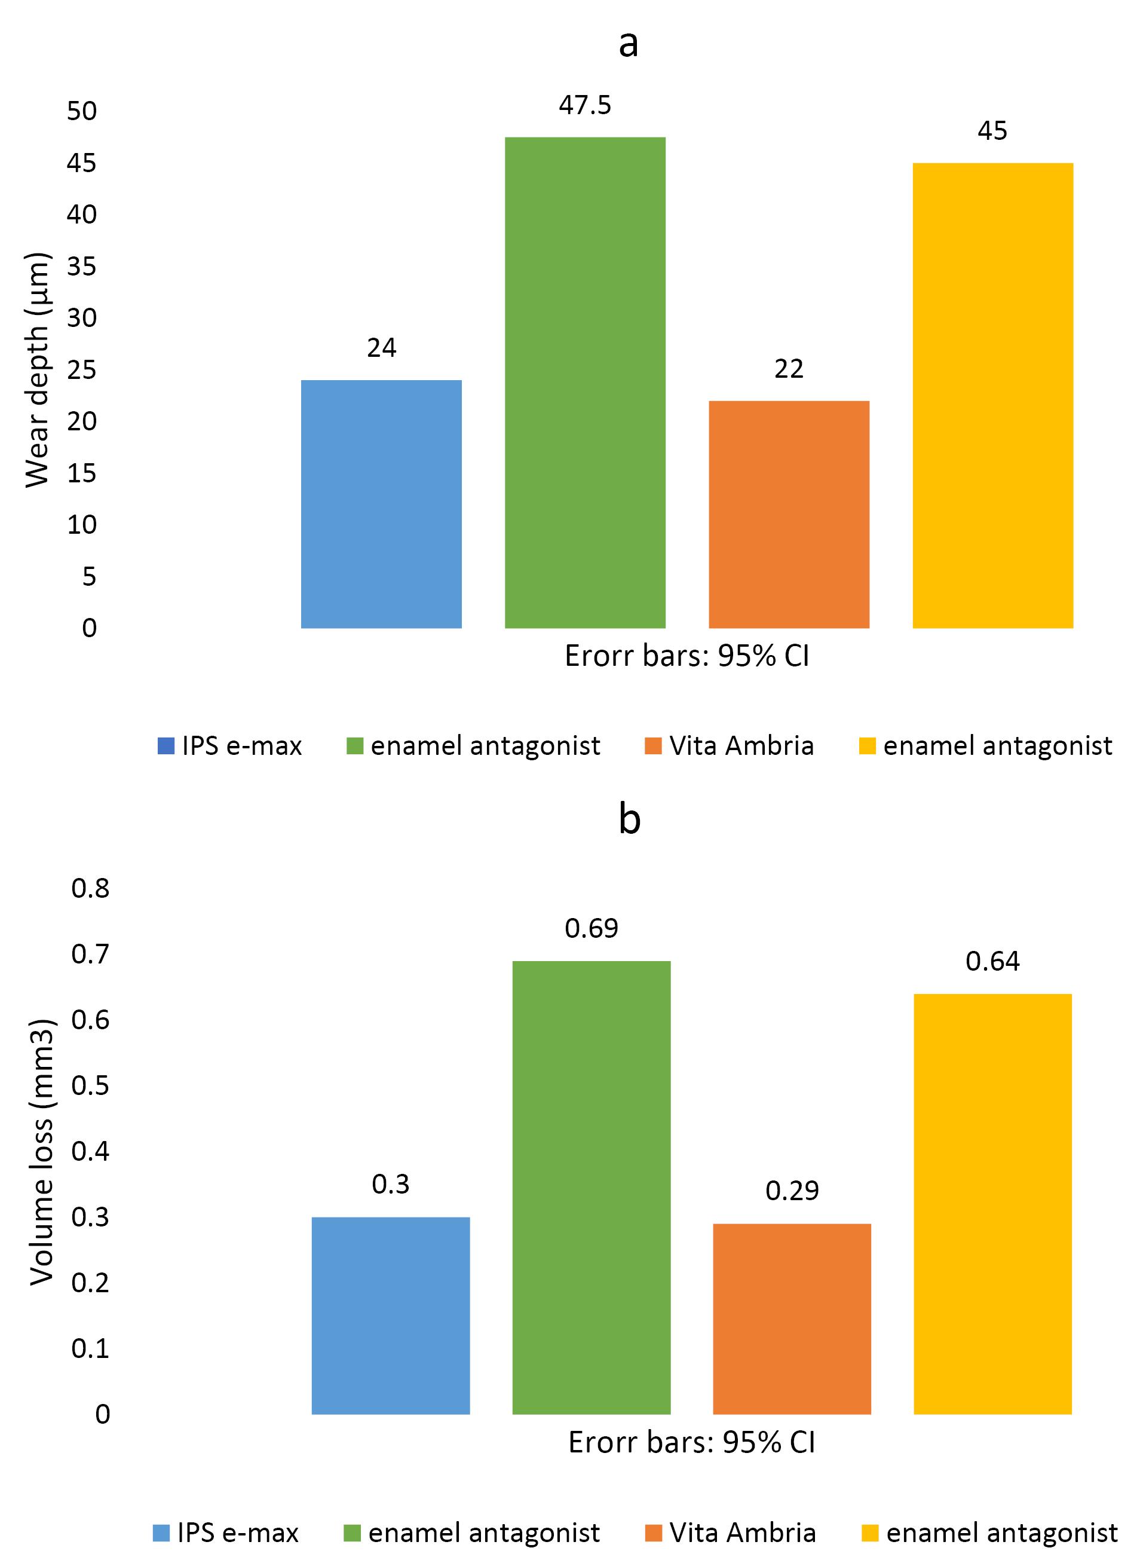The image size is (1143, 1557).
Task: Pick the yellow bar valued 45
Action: [x=993, y=395]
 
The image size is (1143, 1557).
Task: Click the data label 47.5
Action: [x=586, y=106]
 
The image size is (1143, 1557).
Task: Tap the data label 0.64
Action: [x=993, y=961]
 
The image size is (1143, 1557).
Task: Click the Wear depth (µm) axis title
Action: [x=38, y=370]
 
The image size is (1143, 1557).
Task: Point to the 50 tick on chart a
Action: [x=82, y=111]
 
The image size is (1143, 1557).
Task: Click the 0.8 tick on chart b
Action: [x=91, y=889]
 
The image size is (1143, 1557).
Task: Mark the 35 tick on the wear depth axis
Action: [x=82, y=267]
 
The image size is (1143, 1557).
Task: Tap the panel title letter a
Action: [x=628, y=44]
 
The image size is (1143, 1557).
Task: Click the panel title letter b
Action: [x=629, y=819]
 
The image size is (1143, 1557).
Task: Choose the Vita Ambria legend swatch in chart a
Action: [x=652, y=747]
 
